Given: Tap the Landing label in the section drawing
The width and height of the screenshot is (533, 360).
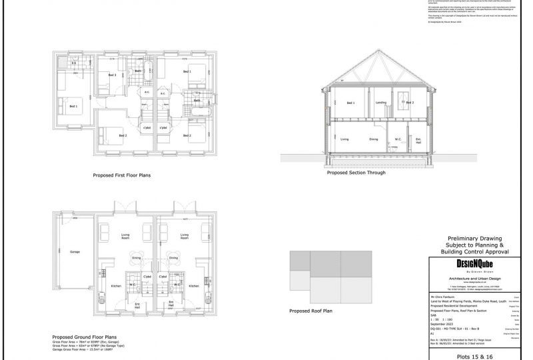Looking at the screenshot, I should tap(380, 103).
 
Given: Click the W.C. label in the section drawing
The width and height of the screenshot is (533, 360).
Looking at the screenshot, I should tap(398, 139).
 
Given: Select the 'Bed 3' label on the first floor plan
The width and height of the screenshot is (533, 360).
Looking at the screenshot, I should tap(113, 75).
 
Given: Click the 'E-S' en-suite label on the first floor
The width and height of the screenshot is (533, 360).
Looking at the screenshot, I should tap(74, 63).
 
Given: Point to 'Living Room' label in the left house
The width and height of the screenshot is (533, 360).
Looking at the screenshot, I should tap(125, 237).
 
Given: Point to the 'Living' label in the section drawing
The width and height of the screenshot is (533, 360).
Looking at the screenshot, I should tap(345, 139).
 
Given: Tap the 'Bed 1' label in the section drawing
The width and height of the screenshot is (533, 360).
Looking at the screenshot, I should tap(350, 103).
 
